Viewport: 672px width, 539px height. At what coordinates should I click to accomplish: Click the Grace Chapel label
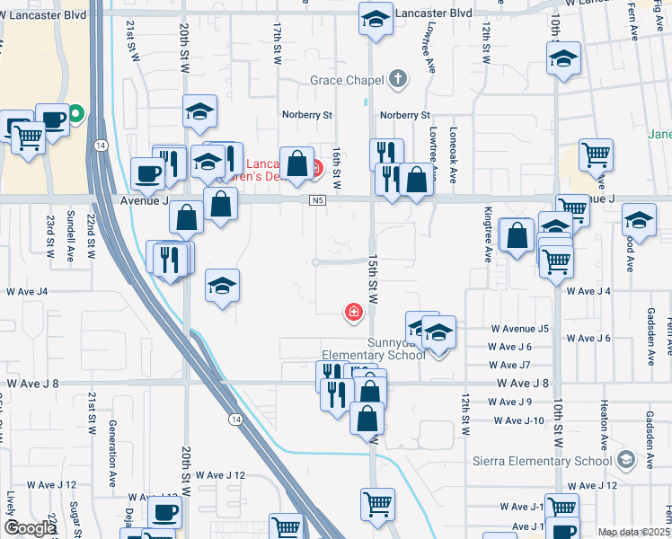[347, 80]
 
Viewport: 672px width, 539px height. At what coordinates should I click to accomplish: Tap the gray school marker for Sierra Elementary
[625, 461]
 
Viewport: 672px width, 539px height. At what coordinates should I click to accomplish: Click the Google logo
[30, 528]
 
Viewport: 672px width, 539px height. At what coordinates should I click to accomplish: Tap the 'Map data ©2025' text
[633, 532]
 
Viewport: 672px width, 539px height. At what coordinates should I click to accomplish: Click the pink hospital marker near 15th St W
[354, 313]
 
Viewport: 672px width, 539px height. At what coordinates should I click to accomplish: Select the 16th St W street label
[338, 169]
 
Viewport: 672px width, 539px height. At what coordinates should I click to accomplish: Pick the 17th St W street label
[278, 46]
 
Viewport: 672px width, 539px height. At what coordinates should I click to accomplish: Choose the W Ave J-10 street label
[519, 420]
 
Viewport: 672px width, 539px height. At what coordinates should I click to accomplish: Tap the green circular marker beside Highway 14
[76, 114]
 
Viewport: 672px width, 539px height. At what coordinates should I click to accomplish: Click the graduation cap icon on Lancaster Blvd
[376, 18]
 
